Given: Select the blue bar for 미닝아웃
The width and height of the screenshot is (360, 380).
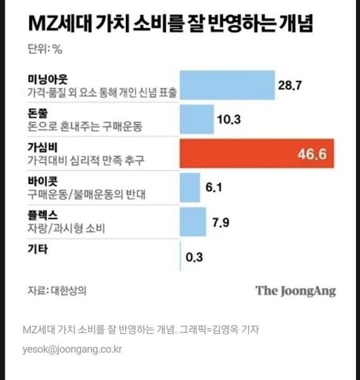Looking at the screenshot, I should click(x=227, y=86).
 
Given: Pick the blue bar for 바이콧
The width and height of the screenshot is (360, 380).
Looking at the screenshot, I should click(x=190, y=187).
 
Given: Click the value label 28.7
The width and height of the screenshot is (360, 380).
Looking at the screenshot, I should click(x=291, y=86).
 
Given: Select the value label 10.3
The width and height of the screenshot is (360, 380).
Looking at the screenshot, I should click(x=228, y=119).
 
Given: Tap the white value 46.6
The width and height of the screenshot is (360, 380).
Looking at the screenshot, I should click(x=312, y=154).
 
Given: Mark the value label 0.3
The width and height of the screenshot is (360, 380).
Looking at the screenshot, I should click(x=193, y=258).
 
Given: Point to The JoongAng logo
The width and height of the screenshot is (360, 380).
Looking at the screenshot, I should click(x=295, y=291).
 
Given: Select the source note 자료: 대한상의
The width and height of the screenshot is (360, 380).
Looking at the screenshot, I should click(x=57, y=291).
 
